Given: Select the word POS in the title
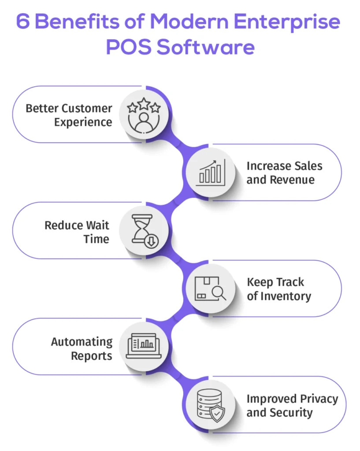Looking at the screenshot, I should pos(128,47).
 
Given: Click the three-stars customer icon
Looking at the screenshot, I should pos(143,114).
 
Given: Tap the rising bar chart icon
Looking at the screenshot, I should pos(211,172).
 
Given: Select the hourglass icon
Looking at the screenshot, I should pos(143,230).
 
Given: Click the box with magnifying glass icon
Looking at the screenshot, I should pos(211,288).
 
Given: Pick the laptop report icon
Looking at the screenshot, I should pos(143,347).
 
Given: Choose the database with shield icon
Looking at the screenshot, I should pos(211,405).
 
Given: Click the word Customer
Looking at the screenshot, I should pos(86,108).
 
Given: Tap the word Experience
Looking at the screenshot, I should pos(83,122).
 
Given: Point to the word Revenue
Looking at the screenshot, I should pos(293,180).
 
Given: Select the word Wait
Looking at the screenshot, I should pos(96,225).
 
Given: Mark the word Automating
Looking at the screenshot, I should pos(82,342).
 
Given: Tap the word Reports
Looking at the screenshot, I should pos(92,355).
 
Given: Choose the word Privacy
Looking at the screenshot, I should pos(315,399).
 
